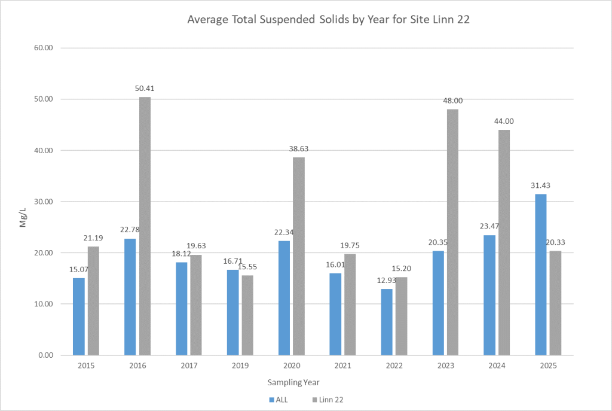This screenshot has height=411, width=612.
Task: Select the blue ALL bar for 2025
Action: (x=540, y=275)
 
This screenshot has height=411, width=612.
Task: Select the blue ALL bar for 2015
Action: (x=79, y=316)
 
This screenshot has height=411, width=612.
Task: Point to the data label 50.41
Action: (x=145, y=89)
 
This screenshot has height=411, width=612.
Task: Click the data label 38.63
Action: (x=299, y=148)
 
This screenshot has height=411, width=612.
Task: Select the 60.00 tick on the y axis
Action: (x=45, y=48)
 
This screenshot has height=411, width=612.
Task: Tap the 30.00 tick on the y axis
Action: (x=45, y=202)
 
